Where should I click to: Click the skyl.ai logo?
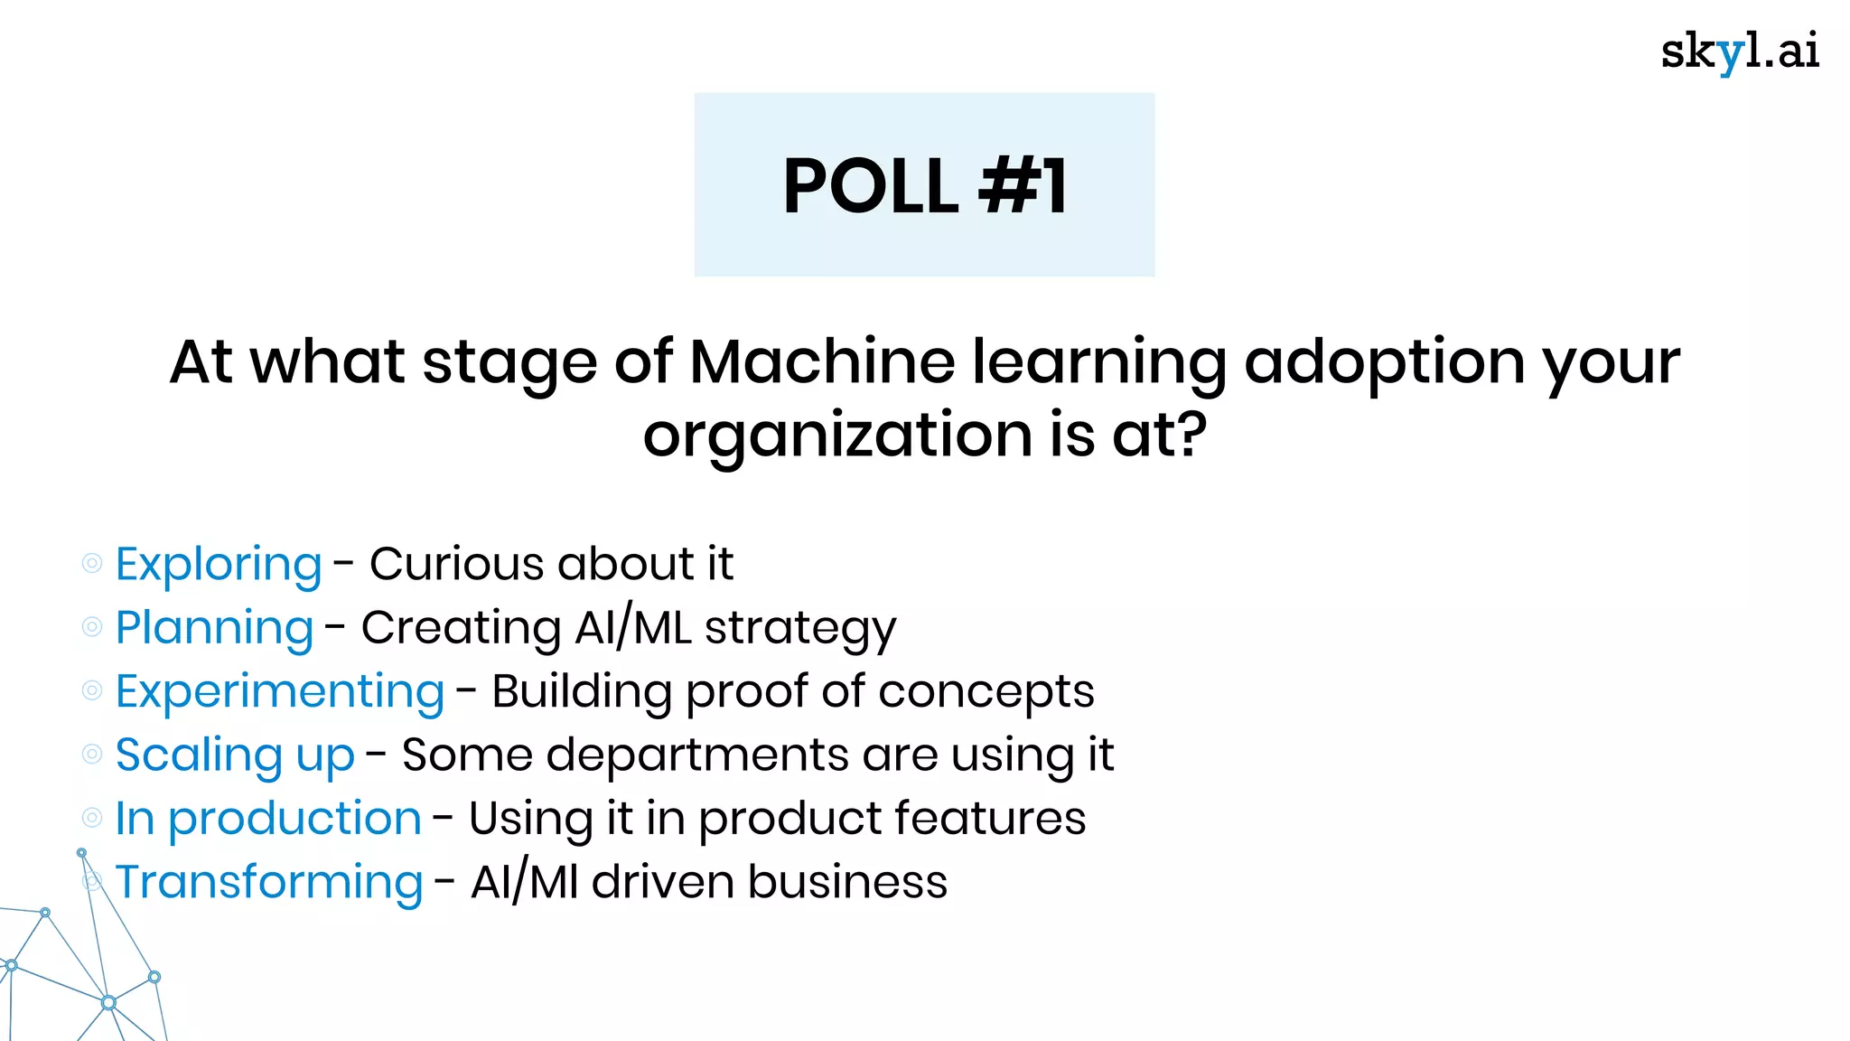tap(1739, 52)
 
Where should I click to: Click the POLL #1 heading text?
tap(925, 186)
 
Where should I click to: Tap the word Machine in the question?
tap(822, 361)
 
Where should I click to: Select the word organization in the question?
tap(837, 436)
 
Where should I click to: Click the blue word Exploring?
tap(219, 565)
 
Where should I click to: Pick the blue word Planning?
tap(214, 628)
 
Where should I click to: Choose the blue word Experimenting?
tap(280, 692)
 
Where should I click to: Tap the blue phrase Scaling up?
tap(235, 755)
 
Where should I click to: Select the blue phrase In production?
tap(268, 819)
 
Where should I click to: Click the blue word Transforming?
tap(269, 883)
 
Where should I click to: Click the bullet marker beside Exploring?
tap(92, 564)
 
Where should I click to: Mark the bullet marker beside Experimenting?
tap(92, 691)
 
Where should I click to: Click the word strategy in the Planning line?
tap(800, 630)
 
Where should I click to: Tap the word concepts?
tap(986, 694)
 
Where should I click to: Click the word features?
tap(990, 819)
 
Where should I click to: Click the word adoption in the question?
tap(1385, 363)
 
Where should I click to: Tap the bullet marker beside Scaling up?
tap(92, 755)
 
